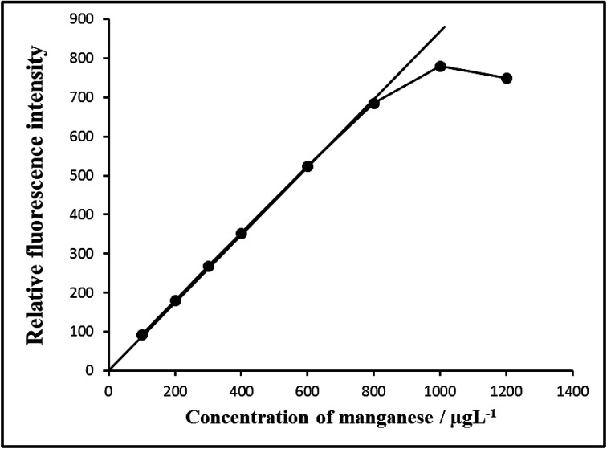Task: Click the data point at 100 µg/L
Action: coord(142,335)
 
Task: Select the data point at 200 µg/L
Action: coord(175,300)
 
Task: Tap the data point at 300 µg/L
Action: coord(208,266)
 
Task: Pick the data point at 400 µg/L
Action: coord(241,234)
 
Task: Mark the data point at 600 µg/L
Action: coord(308,166)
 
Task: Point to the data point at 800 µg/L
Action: coord(373,103)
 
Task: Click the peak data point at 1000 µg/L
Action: coord(440,66)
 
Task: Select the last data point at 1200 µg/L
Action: coord(507,78)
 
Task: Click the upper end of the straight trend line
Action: coord(444,27)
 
